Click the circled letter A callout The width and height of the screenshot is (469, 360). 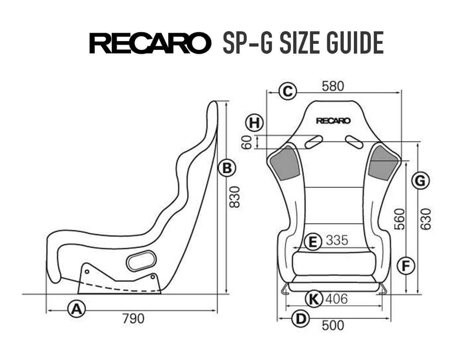tap(76, 309)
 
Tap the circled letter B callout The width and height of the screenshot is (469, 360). tap(227, 168)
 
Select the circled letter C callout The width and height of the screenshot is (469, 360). tap(288, 92)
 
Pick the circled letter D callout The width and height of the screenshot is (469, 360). tap(300, 319)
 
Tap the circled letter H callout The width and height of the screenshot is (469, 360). tap(254, 123)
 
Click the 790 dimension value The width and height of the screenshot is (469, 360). tap(133, 319)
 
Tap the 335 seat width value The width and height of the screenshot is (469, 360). tap(337, 241)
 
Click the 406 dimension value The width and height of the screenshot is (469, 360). tap(336, 299)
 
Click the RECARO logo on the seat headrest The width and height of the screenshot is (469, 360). tap(333, 121)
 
